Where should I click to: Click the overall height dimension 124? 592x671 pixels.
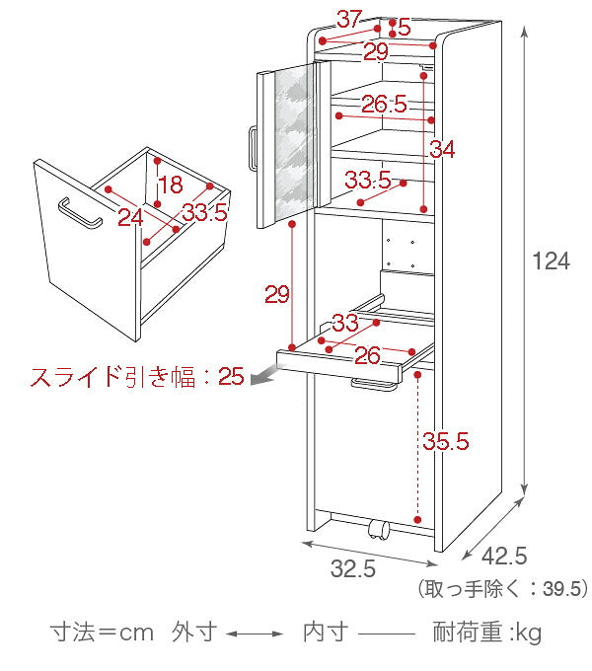551,261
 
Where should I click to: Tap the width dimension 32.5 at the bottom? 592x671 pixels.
352,569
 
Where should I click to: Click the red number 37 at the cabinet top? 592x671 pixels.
348,19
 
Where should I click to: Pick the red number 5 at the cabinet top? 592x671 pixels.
404,26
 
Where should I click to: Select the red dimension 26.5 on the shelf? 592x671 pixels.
384,104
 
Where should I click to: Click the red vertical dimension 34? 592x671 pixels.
441,150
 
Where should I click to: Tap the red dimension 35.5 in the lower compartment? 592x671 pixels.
445,441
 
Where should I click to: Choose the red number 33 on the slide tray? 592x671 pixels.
344,323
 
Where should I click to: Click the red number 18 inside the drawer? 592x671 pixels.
170,185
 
